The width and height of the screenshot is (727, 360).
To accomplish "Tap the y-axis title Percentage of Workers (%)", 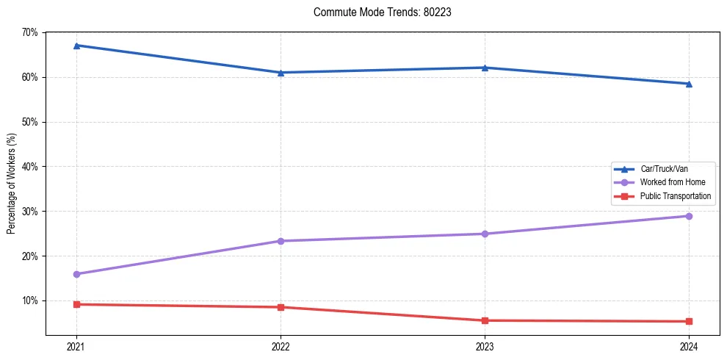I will [x=12, y=184].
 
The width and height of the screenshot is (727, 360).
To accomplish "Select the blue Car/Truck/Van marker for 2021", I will [x=76, y=46].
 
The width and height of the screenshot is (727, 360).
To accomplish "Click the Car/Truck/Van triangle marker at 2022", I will [x=281, y=73].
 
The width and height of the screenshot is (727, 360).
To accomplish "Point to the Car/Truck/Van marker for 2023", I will [x=485, y=68].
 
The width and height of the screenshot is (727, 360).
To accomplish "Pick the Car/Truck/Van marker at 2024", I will [x=689, y=84].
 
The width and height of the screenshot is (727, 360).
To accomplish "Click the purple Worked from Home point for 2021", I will [x=76, y=274].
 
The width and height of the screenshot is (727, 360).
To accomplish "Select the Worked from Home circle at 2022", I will [x=281, y=241].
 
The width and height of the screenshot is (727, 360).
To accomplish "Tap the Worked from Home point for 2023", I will [x=485, y=234].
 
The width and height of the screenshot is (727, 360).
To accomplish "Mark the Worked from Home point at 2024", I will [x=689, y=216].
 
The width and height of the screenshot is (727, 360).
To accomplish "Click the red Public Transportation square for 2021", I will [x=76, y=304].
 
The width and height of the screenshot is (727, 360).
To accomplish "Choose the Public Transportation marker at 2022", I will [x=281, y=307].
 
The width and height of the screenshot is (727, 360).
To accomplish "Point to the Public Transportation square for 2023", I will [x=485, y=320].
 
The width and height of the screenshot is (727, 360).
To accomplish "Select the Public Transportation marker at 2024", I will [x=689, y=321].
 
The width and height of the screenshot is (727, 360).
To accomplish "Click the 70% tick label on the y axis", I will [x=29, y=32].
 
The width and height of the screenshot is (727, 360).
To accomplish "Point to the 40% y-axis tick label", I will [x=29, y=167].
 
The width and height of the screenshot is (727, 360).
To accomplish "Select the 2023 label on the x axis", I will [x=485, y=346].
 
